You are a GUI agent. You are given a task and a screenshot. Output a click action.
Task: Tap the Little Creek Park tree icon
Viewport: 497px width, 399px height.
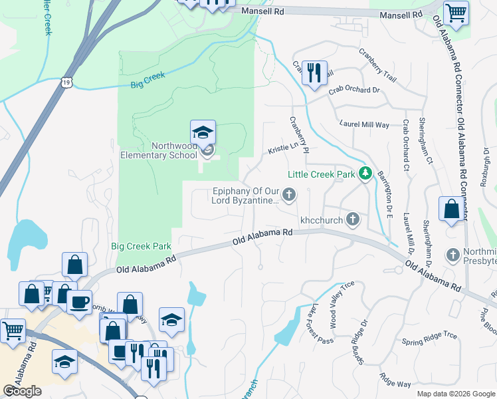364,174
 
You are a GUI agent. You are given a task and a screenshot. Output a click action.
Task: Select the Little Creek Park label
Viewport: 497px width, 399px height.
322,175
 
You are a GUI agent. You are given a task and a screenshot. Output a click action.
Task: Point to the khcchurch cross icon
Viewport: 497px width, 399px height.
353,219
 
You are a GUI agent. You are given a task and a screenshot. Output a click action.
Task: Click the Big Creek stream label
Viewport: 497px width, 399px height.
148,80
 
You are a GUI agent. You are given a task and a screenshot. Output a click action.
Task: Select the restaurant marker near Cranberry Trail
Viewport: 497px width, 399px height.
314,72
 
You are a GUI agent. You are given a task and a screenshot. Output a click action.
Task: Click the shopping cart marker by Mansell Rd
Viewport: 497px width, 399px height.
456,13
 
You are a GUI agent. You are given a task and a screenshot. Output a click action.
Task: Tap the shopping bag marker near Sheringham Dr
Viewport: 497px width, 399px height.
451,209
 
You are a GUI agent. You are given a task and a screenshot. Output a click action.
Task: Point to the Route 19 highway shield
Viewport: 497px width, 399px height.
66,81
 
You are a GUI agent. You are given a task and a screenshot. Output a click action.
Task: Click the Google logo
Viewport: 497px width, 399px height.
22,391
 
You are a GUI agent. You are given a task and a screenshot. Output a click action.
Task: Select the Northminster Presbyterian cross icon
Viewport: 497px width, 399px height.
452,255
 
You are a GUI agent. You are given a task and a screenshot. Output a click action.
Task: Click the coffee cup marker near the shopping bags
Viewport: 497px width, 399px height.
80,302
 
